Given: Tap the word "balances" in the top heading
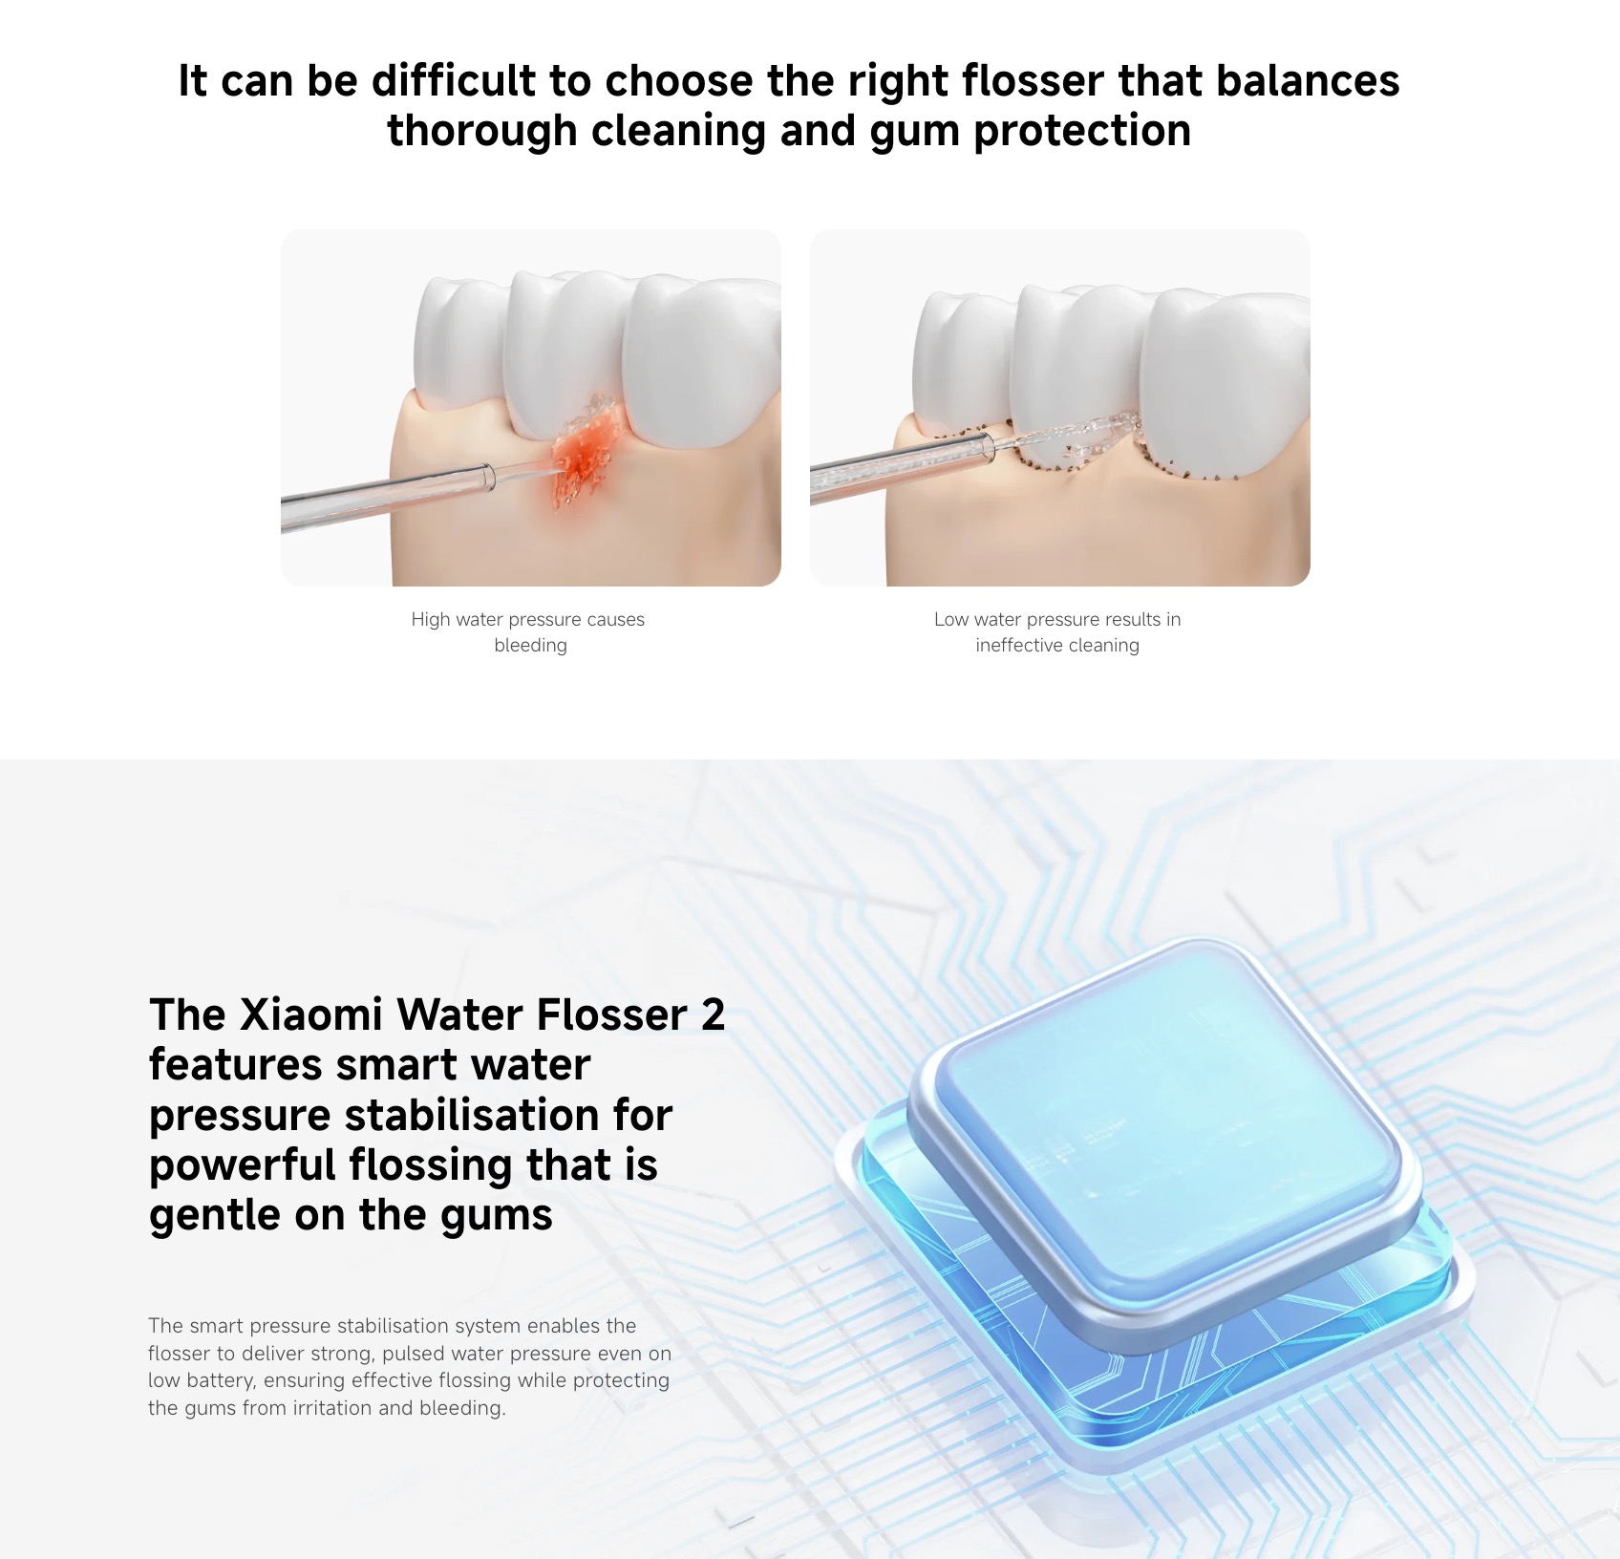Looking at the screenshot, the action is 1308,80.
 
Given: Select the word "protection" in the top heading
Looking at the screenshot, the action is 1082,131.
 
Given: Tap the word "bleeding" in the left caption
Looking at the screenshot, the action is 530,646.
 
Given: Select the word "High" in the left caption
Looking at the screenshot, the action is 430,619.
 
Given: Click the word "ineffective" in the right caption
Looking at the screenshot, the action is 1017,645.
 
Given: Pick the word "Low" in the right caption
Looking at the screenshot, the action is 951,619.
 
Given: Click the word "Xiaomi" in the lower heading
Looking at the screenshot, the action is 311,1014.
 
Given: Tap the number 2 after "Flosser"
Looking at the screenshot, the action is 713,1014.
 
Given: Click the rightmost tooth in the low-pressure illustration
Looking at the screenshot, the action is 1226,382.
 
